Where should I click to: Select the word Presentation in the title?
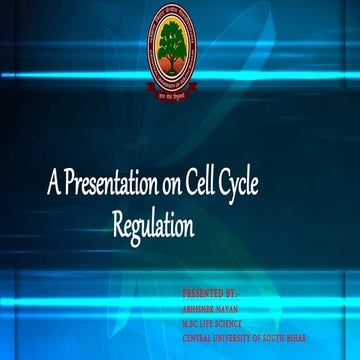tap(107, 186)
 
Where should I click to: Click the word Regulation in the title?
tap(152, 227)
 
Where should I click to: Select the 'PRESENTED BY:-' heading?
tap(210, 296)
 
